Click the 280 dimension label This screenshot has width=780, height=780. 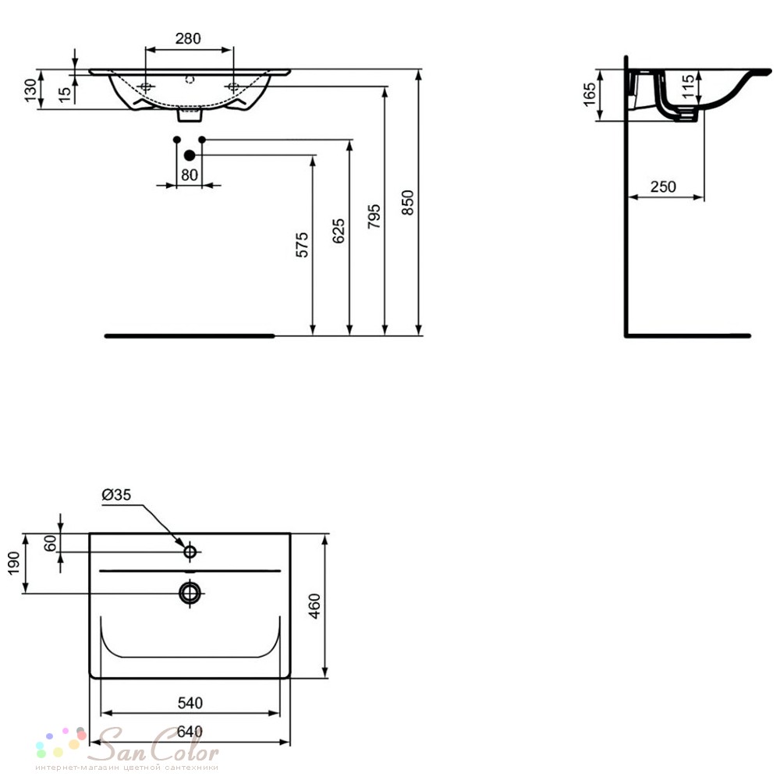pos(188,38)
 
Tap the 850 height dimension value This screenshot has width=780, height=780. pos(407,203)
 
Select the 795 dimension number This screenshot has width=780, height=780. pos(374,216)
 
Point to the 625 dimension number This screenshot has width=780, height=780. pos(338,230)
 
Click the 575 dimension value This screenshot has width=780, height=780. pos(302,245)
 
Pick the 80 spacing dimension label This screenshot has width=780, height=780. pos(190,175)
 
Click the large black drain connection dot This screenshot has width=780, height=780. pos(189,156)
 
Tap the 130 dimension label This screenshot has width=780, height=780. pos(30,90)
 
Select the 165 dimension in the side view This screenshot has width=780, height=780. pos(589,94)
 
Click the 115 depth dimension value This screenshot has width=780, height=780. pos(687,86)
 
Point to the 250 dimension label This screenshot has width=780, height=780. pos(663,186)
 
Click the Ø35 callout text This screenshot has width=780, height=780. pos(116,495)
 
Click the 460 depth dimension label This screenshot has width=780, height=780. pos(314,606)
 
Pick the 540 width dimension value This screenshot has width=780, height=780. pos(190,703)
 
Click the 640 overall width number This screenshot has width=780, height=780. pos(190,732)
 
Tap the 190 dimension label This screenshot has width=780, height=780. pos(13,563)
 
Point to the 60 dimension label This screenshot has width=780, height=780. pos(50,543)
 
